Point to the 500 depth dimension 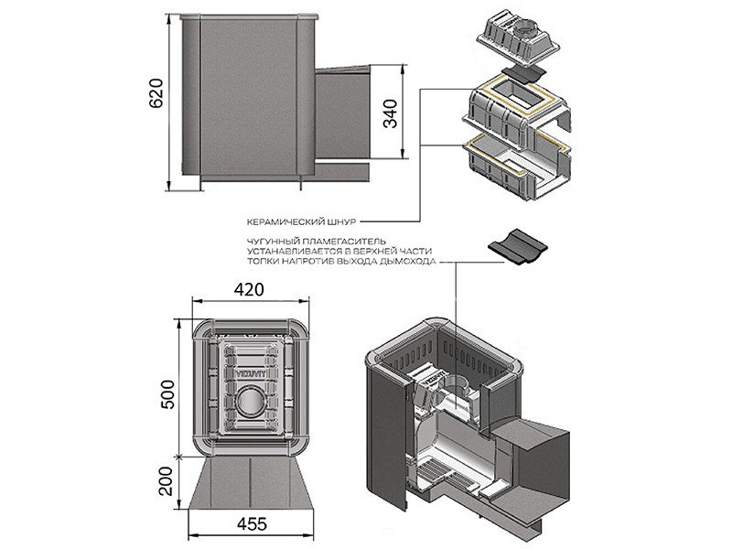(x=167, y=395)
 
